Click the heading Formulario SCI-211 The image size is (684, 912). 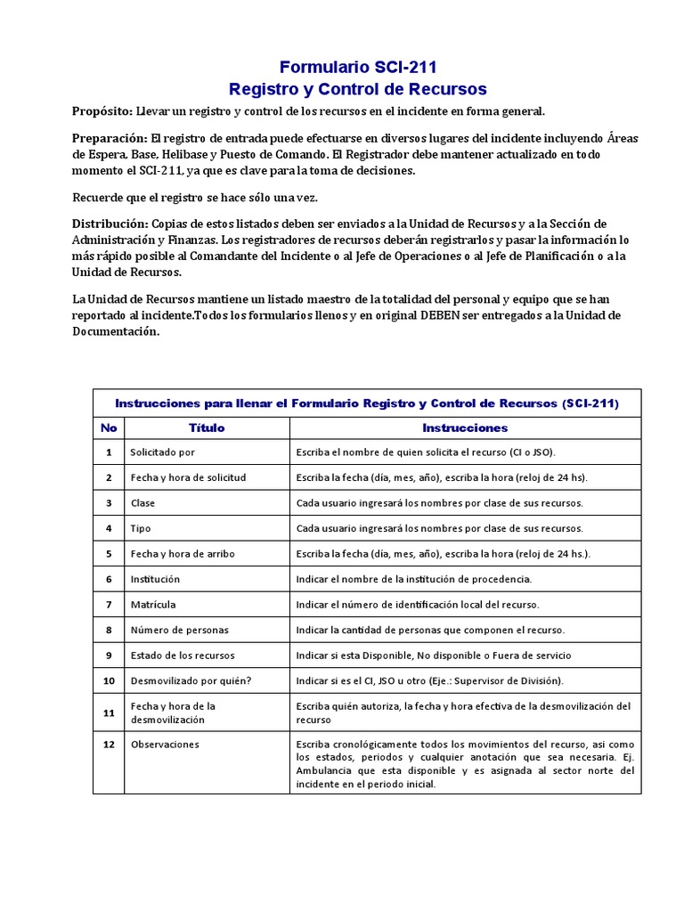[358, 67]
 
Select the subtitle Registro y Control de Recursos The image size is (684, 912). [358, 89]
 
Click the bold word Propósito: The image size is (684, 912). [102, 111]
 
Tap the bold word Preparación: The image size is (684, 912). [109, 139]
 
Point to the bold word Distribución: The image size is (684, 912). [110, 223]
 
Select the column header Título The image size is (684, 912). [207, 427]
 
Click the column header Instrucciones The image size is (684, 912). [465, 427]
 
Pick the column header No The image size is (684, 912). [109, 427]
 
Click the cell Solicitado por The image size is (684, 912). [162, 452]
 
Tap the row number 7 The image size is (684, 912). [109, 605]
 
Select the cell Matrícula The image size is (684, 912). [153, 605]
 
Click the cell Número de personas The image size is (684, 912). [179, 630]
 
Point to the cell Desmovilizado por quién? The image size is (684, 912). [191, 680]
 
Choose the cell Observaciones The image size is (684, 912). [165, 745]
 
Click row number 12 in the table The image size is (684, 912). [109, 745]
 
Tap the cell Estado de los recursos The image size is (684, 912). [183, 655]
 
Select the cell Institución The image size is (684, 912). [155, 579]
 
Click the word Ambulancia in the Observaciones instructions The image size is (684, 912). [326, 770]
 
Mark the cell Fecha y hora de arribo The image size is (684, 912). [183, 554]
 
